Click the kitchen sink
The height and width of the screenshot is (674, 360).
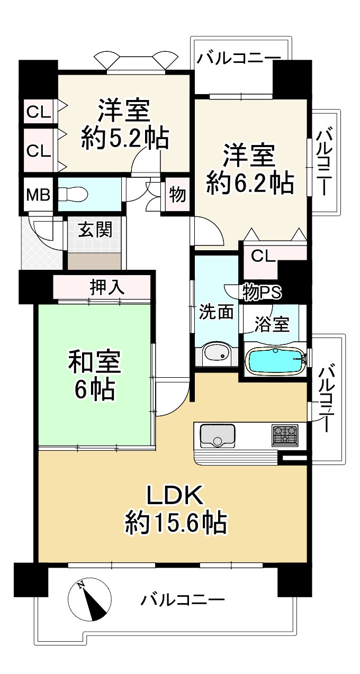[217, 435]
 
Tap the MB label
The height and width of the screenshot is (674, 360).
[38, 195]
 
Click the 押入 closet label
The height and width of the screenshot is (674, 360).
[107, 287]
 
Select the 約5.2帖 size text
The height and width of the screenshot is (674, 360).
[125, 139]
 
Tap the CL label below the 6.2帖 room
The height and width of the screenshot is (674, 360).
[264, 257]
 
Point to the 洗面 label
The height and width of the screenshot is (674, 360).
[216, 312]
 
